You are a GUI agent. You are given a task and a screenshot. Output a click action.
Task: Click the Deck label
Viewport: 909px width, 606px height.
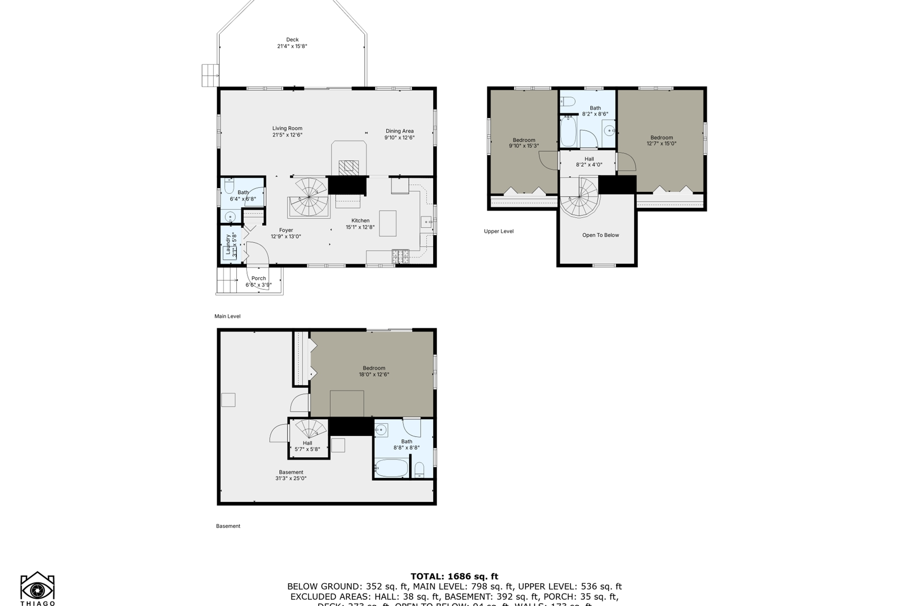click(292, 40)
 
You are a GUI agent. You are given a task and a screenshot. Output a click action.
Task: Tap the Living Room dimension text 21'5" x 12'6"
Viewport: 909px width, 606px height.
click(287, 135)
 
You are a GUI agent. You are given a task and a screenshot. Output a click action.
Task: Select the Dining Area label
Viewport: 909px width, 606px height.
click(399, 131)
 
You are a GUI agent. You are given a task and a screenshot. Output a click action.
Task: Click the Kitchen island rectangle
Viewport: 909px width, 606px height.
click(388, 223)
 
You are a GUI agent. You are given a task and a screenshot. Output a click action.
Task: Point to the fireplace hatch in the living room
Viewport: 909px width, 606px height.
click(348, 167)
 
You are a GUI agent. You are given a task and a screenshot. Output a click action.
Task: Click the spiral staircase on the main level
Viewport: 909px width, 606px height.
click(310, 198)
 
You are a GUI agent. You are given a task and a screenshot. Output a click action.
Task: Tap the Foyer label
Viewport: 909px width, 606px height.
click(286, 230)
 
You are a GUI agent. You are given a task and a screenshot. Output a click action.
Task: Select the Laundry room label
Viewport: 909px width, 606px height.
click(228, 244)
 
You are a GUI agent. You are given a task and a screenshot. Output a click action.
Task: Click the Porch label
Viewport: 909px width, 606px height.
click(259, 278)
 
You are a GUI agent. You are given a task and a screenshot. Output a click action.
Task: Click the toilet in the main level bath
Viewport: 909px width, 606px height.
click(228, 187)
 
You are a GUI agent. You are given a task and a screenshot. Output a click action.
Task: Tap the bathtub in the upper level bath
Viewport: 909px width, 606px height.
click(568, 131)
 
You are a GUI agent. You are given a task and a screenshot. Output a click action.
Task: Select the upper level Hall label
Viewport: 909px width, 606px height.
click(589, 159)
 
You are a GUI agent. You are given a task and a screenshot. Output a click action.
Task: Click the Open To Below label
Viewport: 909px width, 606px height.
click(600, 235)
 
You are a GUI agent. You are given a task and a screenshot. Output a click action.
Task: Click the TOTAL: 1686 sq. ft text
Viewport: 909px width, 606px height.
click(454, 576)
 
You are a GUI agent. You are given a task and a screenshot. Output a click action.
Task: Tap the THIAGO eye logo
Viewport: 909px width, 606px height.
click(37, 589)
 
